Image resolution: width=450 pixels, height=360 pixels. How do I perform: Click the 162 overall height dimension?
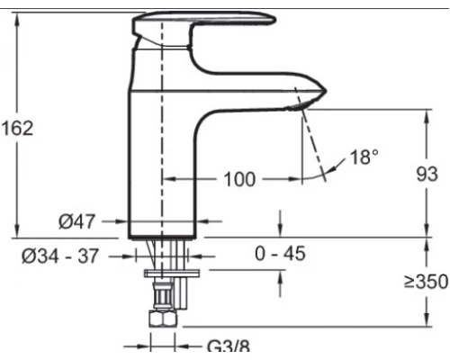pos(17,128)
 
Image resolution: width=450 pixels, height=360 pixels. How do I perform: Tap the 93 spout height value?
pos(427,174)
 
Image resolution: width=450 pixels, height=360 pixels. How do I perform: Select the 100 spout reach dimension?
pos(239,179)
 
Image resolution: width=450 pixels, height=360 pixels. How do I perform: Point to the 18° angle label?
pos(364,157)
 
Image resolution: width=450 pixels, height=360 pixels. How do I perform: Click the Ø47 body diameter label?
pos(76,221)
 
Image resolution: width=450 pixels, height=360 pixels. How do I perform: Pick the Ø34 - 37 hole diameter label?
pos(60,256)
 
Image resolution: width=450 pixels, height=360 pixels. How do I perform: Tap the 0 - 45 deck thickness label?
pos(280,254)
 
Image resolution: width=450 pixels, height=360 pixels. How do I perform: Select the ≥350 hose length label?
pos(426,282)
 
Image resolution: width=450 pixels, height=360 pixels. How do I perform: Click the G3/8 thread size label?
pos(229,346)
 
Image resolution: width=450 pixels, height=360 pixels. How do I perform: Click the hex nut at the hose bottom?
pos(163,319)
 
